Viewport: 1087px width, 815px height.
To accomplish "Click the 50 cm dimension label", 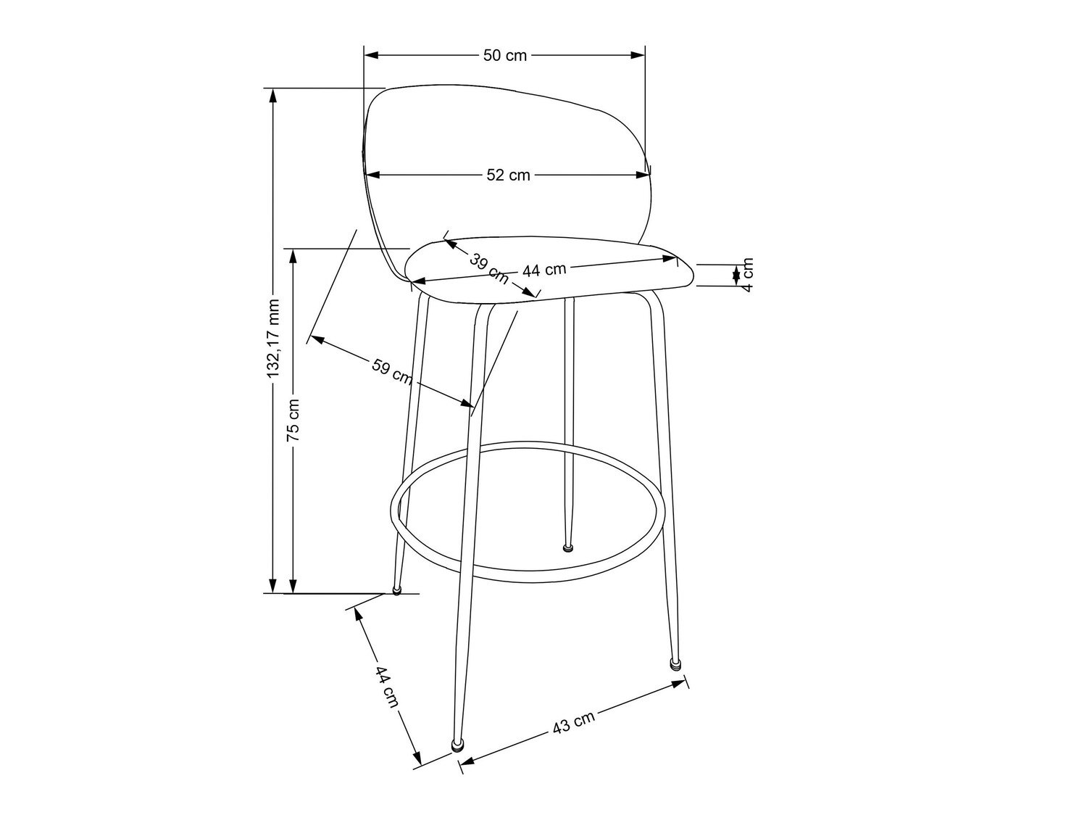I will (505, 56).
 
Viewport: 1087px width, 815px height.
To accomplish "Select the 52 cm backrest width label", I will (508, 175).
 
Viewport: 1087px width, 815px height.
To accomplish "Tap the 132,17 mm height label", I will (273, 339).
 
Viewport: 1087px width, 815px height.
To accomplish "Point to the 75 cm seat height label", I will (293, 421).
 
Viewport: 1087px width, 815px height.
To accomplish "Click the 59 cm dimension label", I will (392, 371).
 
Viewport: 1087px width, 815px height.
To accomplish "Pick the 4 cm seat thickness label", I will (749, 274).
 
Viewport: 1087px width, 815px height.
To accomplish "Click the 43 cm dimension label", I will (573, 723).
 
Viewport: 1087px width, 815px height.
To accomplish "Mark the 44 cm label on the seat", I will (544, 270).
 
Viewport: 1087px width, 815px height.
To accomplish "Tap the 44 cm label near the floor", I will (386, 687).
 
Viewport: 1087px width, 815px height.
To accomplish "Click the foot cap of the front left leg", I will (457, 745).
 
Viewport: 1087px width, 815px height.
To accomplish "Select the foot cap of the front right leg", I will (675, 663).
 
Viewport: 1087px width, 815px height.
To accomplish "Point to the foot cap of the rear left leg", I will (396, 590).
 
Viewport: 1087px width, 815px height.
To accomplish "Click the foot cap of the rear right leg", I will (568, 547).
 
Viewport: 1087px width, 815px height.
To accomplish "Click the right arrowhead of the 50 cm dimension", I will (638, 55).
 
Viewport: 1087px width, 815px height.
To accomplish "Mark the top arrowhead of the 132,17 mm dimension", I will (272, 95).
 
